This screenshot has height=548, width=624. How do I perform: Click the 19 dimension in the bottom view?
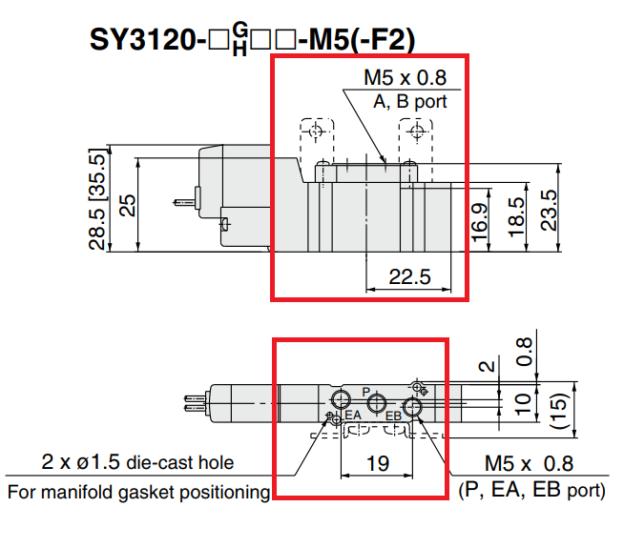(376, 464)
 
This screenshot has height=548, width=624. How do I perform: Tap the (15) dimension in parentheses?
(561, 409)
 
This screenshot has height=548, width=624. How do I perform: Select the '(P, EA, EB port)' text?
(531, 491)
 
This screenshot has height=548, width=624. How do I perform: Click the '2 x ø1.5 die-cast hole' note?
(137, 464)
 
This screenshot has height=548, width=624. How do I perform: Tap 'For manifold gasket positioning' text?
(138, 492)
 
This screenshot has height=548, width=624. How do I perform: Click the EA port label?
(353, 416)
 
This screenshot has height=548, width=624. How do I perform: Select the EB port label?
(393, 416)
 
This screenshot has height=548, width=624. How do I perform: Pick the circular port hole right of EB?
(412, 408)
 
